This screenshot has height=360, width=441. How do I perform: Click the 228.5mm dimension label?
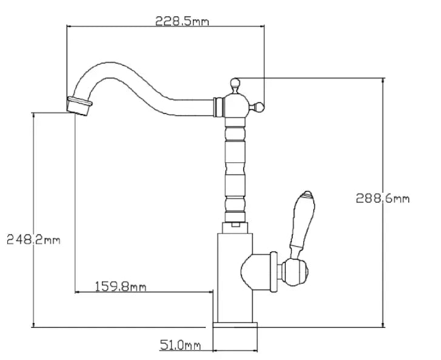182,21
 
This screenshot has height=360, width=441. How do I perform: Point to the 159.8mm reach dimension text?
121,285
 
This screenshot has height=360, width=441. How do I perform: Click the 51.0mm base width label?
180,345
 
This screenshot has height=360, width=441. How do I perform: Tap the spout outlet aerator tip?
79,105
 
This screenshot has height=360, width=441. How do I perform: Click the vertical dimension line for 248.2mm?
34,182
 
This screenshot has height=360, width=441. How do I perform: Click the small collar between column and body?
235,225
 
